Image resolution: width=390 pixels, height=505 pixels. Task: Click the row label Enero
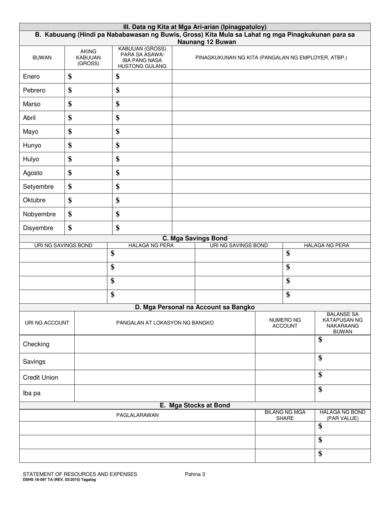point(31,77)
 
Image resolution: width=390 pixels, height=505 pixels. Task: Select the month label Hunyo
point(32,145)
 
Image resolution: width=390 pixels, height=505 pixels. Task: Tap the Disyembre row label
point(38,228)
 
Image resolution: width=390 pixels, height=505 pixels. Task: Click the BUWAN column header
point(42,58)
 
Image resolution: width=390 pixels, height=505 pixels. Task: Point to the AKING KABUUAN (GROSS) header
point(88,57)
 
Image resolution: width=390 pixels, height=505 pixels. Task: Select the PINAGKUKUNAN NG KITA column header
point(271,58)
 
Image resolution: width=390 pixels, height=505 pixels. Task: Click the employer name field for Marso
point(271,104)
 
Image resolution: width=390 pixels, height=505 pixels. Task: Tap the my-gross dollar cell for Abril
point(88,118)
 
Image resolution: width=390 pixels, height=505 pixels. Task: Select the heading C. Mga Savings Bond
point(195,238)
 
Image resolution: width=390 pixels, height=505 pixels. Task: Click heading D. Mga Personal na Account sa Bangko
point(195,307)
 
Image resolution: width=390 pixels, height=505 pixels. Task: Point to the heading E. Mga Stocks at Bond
point(195,405)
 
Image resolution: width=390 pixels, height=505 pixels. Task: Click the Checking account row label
point(36,344)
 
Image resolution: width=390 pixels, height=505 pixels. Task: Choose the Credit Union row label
point(41,377)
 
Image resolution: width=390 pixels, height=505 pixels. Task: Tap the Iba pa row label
point(32,393)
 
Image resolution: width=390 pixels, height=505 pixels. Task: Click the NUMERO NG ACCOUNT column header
point(285,323)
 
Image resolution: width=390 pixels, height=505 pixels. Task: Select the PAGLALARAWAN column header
point(137,415)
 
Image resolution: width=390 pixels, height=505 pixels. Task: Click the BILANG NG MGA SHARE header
point(285,415)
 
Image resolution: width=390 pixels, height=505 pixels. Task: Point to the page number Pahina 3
point(195,474)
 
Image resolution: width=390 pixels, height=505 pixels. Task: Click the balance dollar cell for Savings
point(342,361)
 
